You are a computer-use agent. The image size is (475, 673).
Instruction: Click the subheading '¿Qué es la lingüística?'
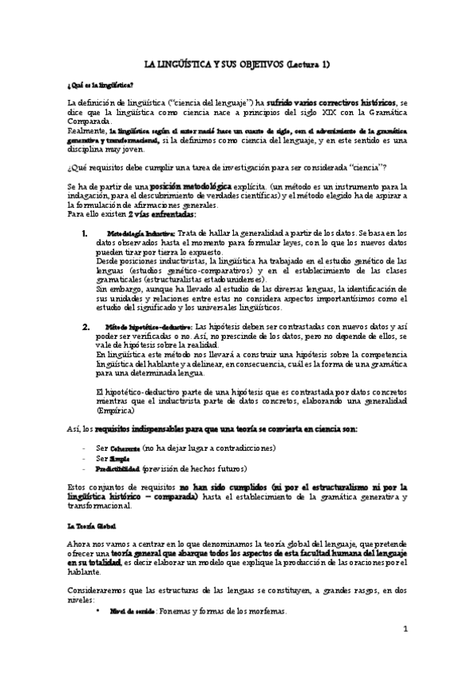[x=100, y=84]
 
